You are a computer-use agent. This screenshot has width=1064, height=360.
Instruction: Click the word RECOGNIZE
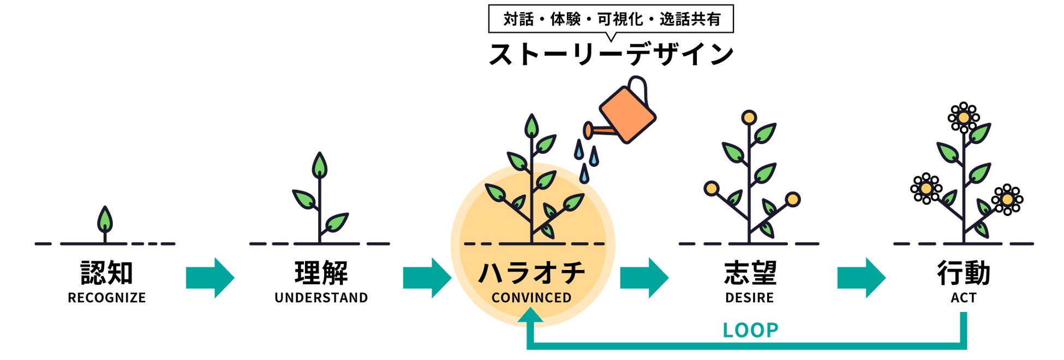click(106, 298)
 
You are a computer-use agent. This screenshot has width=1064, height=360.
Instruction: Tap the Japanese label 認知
click(106, 273)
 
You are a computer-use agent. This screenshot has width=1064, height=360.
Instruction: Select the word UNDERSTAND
click(321, 298)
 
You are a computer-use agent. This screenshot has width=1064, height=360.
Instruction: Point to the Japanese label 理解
click(321, 273)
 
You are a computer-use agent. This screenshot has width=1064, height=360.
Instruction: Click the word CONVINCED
click(531, 298)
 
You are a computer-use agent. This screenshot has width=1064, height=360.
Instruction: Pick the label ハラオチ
click(531, 273)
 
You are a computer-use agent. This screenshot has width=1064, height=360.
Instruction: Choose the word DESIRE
click(749, 298)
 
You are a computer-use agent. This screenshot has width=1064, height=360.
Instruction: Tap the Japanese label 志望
click(750, 273)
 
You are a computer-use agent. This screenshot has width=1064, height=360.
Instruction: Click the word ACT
click(963, 298)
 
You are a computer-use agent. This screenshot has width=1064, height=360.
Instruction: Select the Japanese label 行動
click(963, 273)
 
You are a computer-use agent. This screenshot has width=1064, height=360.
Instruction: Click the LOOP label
click(750, 331)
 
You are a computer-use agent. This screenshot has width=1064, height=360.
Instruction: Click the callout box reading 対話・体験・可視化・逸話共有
click(611, 19)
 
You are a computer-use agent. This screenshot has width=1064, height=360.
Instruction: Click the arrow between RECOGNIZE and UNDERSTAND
click(210, 278)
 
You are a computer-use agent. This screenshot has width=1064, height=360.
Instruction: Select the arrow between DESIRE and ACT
click(861, 278)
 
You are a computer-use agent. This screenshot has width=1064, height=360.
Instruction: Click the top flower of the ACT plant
click(964, 118)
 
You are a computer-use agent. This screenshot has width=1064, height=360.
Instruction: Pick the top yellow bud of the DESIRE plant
click(749, 117)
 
